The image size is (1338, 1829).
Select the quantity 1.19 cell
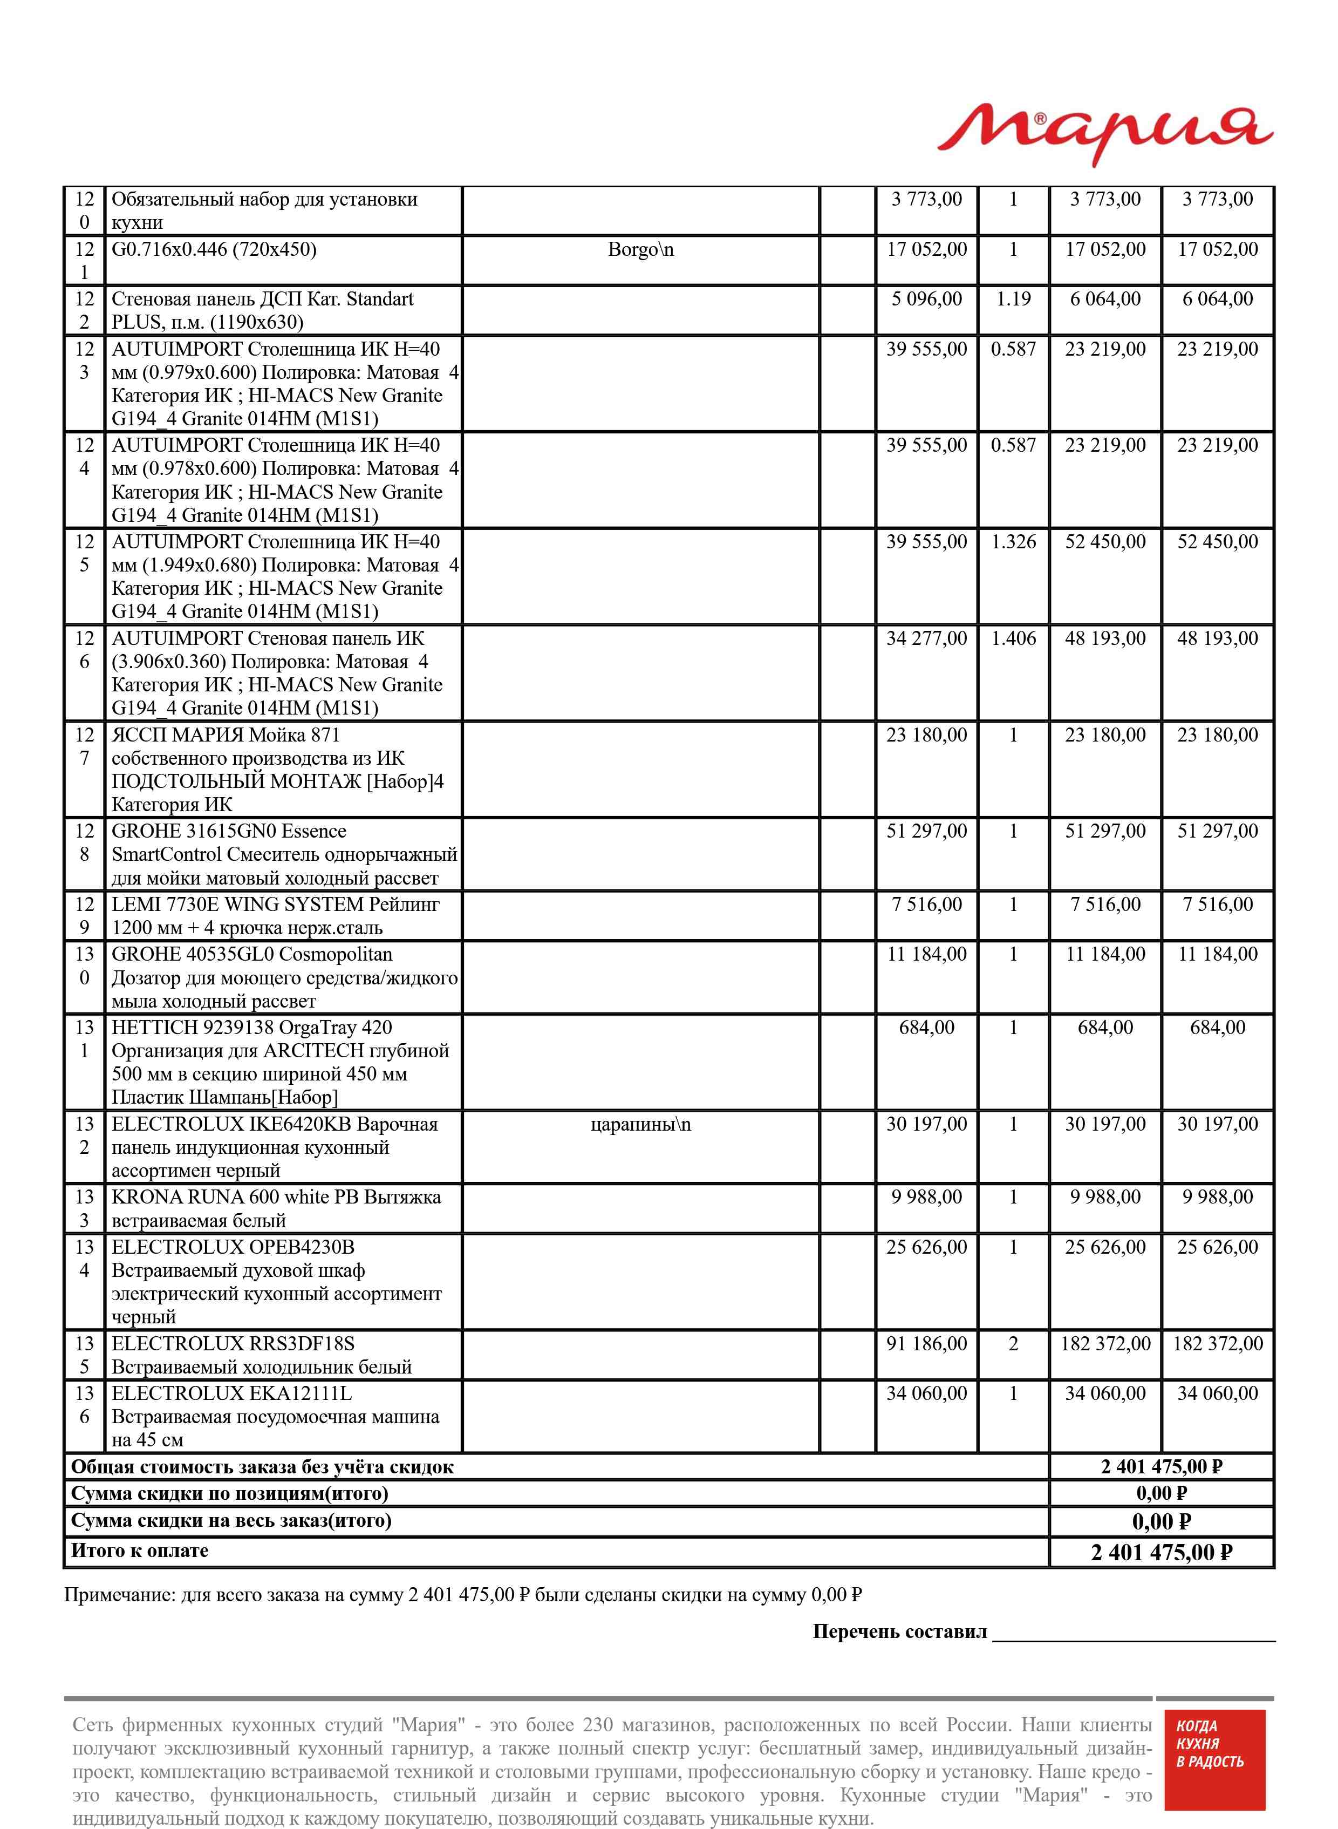(x=1013, y=299)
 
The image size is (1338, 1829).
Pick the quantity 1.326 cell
(x=1013, y=542)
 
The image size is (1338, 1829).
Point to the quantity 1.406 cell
(x=1013, y=638)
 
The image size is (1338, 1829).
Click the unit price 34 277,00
(x=926, y=638)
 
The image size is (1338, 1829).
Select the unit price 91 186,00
(x=926, y=1344)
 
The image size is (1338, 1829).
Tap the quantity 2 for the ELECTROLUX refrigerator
(x=1013, y=1344)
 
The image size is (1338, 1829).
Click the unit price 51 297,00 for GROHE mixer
(x=926, y=831)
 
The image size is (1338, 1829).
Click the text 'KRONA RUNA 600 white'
(x=235, y=1197)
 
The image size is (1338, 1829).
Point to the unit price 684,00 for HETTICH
(x=926, y=1028)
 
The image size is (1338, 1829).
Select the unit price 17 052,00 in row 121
(x=926, y=249)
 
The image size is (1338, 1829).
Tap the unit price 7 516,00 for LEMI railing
(x=926, y=905)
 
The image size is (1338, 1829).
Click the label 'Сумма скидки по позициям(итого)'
(x=230, y=1493)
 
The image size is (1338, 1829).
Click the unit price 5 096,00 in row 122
(x=926, y=299)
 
